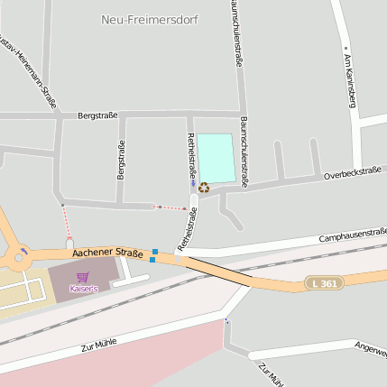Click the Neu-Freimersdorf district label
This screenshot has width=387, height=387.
[151, 19]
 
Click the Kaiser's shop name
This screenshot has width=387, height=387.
[84, 289]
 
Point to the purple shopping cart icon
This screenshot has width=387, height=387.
[84, 276]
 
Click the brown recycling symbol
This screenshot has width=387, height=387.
[204, 188]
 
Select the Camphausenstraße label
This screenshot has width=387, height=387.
[353, 235]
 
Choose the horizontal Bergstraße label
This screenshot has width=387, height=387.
[98, 115]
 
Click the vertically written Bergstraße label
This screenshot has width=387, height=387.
[121, 161]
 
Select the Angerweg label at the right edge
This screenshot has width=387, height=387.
[370, 346]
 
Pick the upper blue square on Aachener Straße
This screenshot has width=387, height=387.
[155, 252]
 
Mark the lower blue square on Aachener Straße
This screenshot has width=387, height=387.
[152, 260]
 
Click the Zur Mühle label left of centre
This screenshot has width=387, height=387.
[100, 339]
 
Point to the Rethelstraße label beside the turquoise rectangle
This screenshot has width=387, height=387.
[191, 155]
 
